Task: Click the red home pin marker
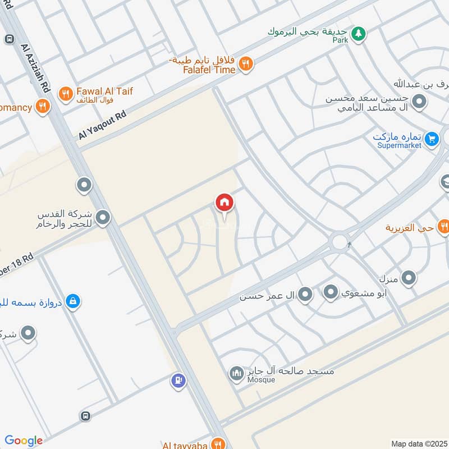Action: point(224,203)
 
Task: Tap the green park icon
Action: point(358,34)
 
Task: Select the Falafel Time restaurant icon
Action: point(245,65)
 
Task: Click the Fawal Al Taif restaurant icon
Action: point(66,94)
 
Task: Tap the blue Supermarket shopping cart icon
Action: point(431,138)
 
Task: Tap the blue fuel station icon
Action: point(178,381)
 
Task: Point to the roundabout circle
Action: point(340,242)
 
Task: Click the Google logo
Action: point(24,441)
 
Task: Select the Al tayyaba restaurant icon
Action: point(218,443)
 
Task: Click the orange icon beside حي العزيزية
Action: point(443,227)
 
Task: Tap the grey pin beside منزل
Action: point(409,277)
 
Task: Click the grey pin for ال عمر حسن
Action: point(305,294)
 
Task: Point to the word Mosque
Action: point(262,380)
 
